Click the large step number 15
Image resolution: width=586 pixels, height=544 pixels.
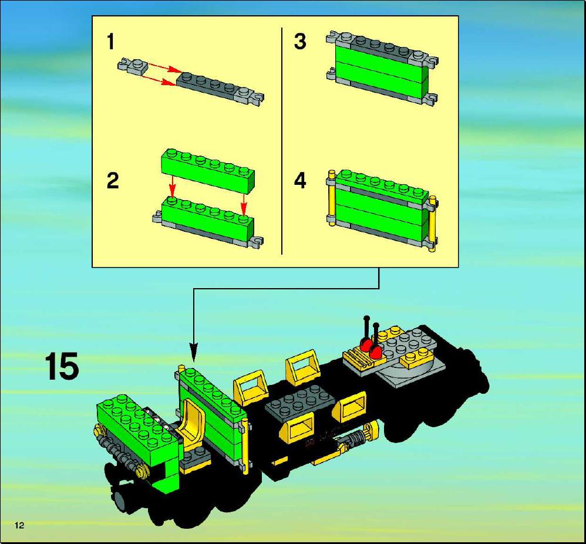pos(62,366)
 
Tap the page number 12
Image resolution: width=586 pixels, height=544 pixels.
pos(19,525)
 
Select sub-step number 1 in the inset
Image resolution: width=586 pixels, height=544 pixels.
pos(110,42)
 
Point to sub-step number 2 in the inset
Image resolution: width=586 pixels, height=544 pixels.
pos(113,181)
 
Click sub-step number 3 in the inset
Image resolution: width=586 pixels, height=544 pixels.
pos(300,42)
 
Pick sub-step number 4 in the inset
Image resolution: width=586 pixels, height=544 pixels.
pos(300,181)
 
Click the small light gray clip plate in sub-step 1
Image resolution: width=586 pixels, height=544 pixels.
pos(133,66)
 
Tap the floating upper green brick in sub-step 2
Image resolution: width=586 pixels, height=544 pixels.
pos(208,166)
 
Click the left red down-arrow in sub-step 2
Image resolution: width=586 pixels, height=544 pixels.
pos(171,185)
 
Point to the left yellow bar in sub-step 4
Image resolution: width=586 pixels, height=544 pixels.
pos(331,198)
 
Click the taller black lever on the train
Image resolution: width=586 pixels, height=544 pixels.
pos(368,330)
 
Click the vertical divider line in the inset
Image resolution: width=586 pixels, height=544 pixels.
pos(281,141)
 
